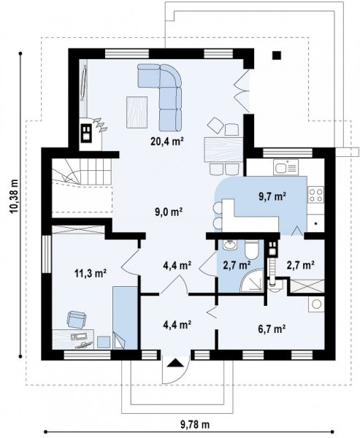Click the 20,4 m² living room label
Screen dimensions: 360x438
coord(167,142)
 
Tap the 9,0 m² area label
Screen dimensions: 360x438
coord(169,212)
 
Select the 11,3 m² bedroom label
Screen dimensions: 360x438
coord(91,273)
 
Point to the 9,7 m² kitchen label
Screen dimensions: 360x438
coord(272,196)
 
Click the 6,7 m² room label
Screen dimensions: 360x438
coord(272,328)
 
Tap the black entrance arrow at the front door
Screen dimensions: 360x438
coord(175,363)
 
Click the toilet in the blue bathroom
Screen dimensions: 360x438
coord(252,249)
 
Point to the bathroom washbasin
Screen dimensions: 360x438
coord(230,245)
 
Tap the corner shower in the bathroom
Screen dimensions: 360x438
coord(252,281)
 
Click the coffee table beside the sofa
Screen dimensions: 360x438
coord(137,112)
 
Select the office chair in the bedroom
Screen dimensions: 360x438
coord(76,320)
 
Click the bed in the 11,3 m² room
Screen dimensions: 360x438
coord(125,318)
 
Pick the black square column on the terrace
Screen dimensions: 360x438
coord(277,55)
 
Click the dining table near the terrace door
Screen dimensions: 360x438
coord(223,150)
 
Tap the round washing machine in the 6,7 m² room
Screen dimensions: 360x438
coord(316,304)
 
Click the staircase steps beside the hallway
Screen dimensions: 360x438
coord(82,172)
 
